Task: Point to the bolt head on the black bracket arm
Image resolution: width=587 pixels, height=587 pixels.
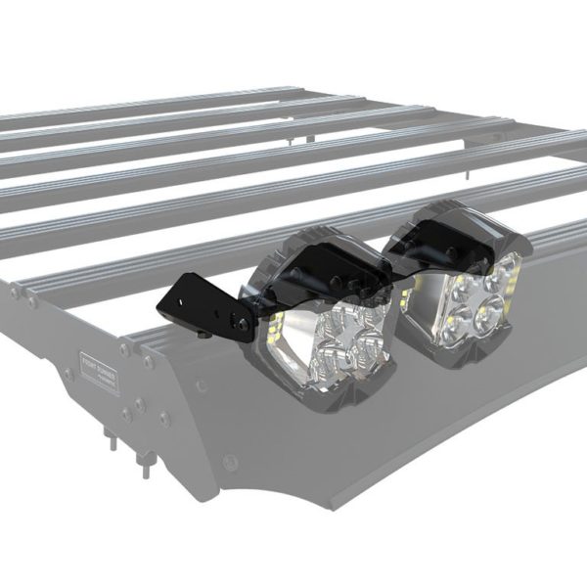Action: [235, 320]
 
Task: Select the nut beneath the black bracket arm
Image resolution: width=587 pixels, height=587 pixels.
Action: [200, 337]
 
